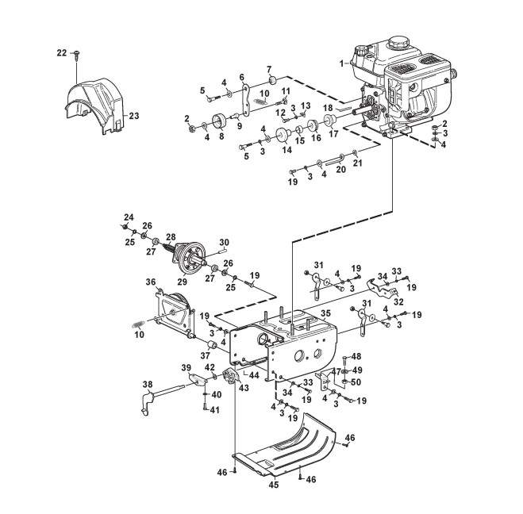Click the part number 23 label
coord(134,116)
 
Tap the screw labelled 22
coord(77,55)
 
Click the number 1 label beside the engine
coord(341,63)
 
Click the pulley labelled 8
coord(220,121)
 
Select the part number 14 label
coord(286,150)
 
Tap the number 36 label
coord(151,282)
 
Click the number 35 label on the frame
coord(325,313)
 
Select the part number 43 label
coord(244,388)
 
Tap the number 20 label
coord(340,169)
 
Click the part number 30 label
coord(224,241)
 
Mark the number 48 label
coord(356,356)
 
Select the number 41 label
coord(215,409)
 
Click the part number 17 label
coord(333,134)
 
